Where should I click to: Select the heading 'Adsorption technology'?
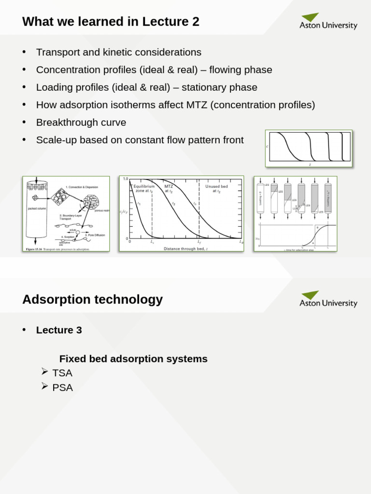point(92,300)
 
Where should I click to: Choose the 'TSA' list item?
point(62,373)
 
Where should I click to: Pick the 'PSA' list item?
point(62,387)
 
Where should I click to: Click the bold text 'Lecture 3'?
point(59,330)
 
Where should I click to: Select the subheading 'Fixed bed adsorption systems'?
point(133,359)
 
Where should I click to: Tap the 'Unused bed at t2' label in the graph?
point(216,188)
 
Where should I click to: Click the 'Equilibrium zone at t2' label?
point(144,188)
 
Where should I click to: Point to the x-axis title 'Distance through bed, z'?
point(185,248)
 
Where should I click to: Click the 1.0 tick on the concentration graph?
point(125,179)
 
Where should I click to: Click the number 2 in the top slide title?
point(195,22)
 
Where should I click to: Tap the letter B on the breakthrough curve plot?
point(317,227)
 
